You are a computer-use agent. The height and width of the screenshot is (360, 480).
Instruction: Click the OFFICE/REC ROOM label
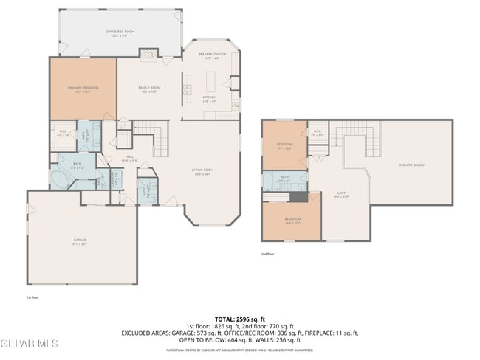119,32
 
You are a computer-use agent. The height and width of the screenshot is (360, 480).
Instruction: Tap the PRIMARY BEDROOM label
83,89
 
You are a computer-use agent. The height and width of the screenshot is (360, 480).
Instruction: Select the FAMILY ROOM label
150,89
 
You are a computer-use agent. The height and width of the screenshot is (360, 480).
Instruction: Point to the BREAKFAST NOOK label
211,55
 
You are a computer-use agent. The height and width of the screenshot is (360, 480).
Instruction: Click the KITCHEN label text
210,98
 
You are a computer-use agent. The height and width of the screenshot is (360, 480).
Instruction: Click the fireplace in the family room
149,53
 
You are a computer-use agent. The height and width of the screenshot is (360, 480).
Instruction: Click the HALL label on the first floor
128,158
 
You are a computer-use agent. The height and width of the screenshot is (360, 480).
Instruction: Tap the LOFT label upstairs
341,194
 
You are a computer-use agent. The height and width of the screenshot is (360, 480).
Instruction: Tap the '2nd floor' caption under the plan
267,254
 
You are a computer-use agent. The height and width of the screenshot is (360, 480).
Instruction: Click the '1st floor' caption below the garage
31,297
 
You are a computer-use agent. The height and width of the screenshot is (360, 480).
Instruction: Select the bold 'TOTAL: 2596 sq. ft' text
239,319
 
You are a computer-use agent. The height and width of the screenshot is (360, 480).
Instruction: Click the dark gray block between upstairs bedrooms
297,196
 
